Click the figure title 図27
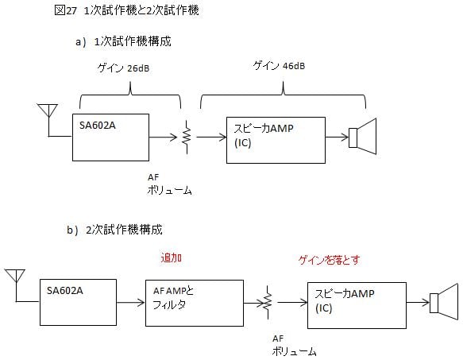65,10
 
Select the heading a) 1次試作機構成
123,41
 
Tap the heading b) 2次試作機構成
114,230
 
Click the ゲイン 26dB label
123,68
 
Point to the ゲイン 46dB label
279,66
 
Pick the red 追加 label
172,257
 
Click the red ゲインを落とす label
329,260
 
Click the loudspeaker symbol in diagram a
363,137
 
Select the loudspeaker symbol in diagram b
444,302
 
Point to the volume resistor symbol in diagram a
187,137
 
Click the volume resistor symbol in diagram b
268,302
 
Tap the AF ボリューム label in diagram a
169,184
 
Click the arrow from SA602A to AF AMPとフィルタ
130,302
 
